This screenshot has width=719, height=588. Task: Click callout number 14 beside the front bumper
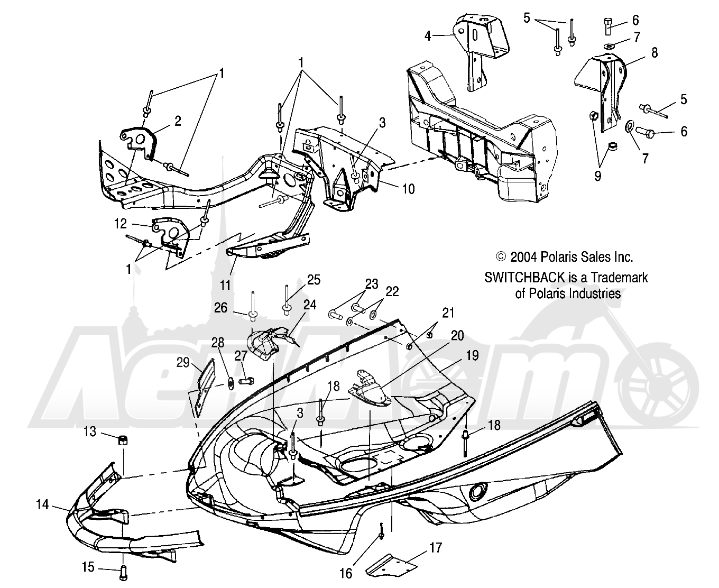(x=42, y=504)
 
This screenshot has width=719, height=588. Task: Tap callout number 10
(x=409, y=189)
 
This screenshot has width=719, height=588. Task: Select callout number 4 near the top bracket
(x=428, y=35)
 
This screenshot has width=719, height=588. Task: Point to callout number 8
(x=654, y=52)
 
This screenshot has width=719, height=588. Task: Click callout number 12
(x=121, y=223)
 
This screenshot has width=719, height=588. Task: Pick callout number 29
(x=183, y=363)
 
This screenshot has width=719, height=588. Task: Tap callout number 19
(x=472, y=355)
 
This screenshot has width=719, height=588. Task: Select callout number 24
(x=310, y=305)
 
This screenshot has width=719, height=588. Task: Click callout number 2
(x=178, y=121)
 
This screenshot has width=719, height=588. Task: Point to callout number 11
(x=225, y=285)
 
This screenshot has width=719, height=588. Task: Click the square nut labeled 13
(x=123, y=440)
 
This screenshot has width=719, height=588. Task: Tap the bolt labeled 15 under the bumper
(x=123, y=576)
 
